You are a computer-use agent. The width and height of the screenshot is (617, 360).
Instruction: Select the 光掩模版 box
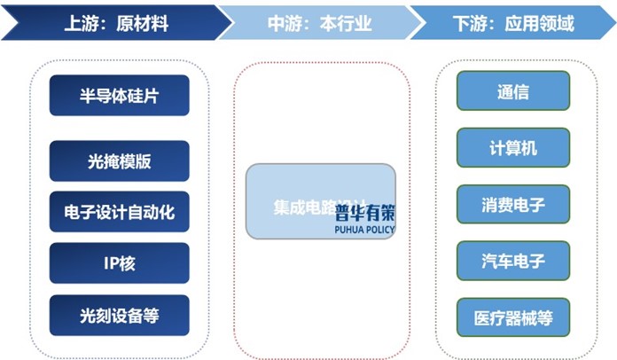point(119,160)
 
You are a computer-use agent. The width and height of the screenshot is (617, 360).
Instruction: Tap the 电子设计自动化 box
point(119,212)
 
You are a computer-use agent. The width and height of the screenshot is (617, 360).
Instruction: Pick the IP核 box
point(119,263)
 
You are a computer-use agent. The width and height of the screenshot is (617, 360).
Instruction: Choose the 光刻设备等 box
point(119,315)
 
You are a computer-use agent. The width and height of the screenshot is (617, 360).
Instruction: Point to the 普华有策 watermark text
point(365,213)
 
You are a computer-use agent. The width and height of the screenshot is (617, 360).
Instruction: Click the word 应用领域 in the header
point(544,22)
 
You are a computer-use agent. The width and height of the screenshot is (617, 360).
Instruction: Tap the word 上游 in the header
point(79,22)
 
